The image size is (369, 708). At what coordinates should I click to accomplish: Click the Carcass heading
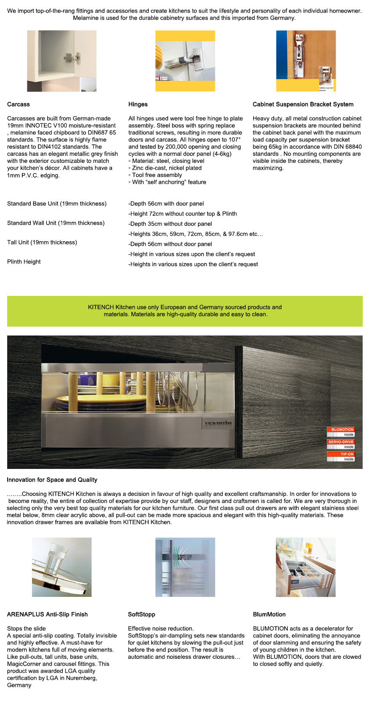click(19, 104)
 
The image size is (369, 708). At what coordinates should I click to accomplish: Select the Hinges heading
click(138, 104)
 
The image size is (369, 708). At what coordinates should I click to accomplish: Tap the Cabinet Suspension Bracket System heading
click(303, 104)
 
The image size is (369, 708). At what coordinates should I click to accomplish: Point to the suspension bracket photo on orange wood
click(306, 61)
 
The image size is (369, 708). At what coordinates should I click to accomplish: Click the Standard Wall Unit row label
click(56, 223)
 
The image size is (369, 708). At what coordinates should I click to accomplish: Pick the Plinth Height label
click(24, 262)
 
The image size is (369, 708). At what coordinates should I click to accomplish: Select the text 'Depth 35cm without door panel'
click(171, 224)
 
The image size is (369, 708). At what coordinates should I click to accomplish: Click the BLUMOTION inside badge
click(341, 432)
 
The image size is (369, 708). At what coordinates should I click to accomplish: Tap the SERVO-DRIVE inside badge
click(341, 444)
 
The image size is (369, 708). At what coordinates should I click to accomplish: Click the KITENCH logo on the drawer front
click(218, 423)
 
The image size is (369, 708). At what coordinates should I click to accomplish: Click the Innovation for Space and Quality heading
click(52, 480)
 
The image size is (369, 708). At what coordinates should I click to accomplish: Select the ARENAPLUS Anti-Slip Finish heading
click(47, 615)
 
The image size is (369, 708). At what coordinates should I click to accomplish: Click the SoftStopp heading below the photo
click(142, 615)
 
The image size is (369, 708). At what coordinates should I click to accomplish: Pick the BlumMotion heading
click(269, 615)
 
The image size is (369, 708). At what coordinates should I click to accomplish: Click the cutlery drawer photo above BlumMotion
click(305, 567)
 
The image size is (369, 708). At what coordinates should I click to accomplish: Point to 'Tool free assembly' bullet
click(157, 175)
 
